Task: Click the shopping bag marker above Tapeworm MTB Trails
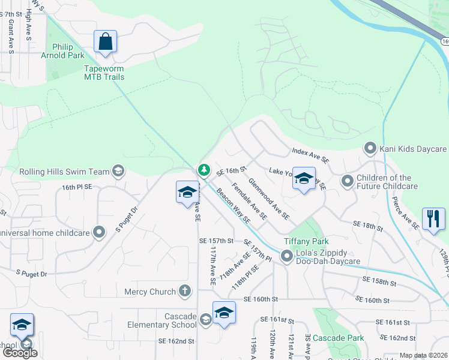pyautogui.click(x=105, y=43)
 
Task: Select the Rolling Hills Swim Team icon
pyautogui.click(x=118, y=172)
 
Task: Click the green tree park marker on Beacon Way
pyautogui.click(x=204, y=171)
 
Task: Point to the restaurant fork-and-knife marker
pyautogui.click(x=433, y=218)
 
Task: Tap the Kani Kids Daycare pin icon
pyautogui.click(x=370, y=148)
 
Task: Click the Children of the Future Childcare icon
pyautogui.click(x=347, y=181)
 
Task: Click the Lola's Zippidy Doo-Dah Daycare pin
pyautogui.click(x=287, y=257)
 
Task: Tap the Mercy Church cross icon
pyautogui.click(x=185, y=292)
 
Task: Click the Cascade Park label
pyautogui.click(x=338, y=338)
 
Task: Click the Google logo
pyautogui.click(x=20, y=353)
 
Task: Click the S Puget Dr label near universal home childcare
pyautogui.click(x=127, y=220)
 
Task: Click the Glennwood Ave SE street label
pyautogui.click(x=268, y=198)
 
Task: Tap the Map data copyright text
pyautogui.click(x=423, y=355)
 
